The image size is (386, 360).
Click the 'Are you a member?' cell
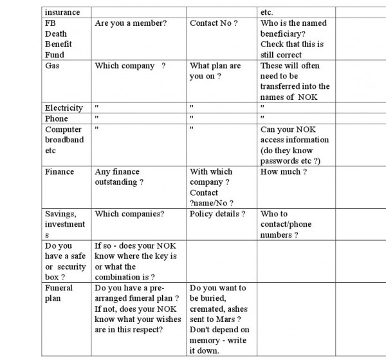(131, 23)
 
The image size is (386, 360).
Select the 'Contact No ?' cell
(214, 23)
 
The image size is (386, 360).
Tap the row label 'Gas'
(52, 66)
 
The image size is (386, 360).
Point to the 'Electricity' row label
(64, 108)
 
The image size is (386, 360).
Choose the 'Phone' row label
(57, 118)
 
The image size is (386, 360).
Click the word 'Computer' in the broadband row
(64, 129)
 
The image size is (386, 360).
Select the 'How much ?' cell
(284, 172)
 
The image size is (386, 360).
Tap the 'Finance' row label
(60, 172)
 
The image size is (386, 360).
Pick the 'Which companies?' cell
(129, 214)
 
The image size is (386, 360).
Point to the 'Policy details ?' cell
(217, 214)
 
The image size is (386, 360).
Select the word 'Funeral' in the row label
(59, 288)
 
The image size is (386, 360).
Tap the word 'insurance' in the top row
(63, 12)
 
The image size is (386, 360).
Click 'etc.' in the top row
(266, 12)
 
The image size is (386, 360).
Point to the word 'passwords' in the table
(280, 160)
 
